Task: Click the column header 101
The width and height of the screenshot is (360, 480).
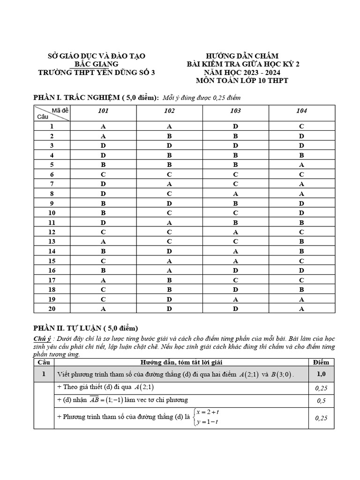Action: [x=103, y=111]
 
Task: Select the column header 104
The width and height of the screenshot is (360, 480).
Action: [x=301, y=111]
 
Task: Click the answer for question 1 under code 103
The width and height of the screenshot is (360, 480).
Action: [x=236, y=127]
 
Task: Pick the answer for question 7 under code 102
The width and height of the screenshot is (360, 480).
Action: [x=169, y=184]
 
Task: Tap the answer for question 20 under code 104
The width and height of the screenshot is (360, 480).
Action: [x=301, y=309]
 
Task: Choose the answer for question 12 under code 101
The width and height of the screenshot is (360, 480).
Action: [x=103, y=232]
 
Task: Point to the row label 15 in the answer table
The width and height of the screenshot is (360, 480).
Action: [x=52, y=261]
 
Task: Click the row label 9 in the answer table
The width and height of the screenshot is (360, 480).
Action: [x=52, y=203]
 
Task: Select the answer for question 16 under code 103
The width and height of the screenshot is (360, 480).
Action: [x=236, y=270]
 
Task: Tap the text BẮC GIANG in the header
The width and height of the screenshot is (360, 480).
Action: [x=97, y=64]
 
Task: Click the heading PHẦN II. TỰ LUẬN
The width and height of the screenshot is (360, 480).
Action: [x=85, y=328]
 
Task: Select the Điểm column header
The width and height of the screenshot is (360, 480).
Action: [x=321, y=362]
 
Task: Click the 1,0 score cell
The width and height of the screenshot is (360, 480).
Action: [x=321, y=374]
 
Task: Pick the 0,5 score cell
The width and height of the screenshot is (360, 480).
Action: [x=321, y=401]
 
